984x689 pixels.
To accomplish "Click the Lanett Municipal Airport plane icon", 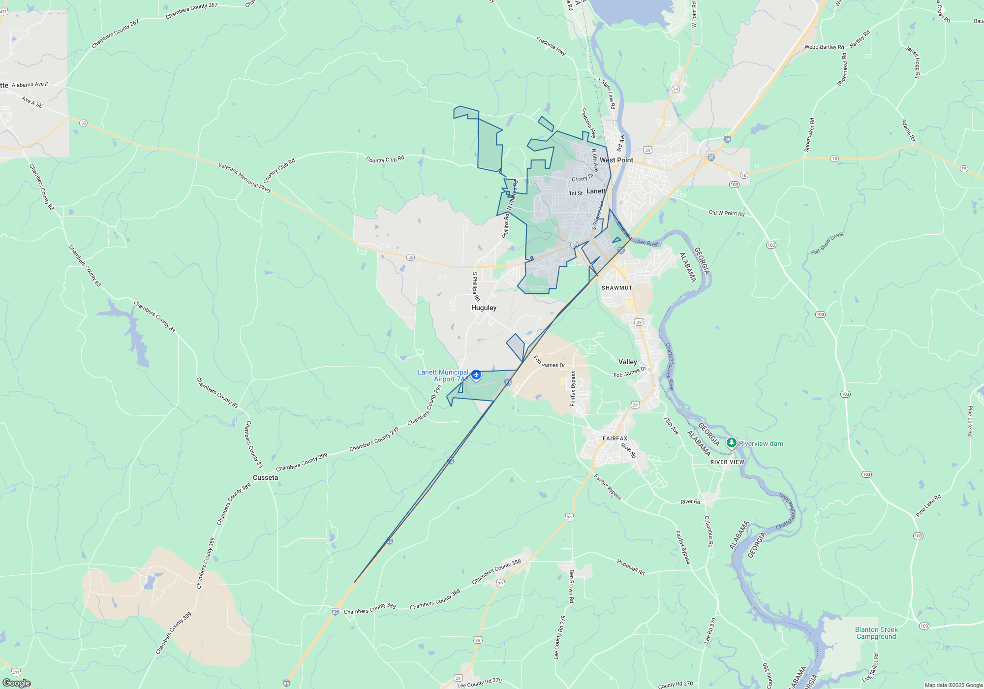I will point(476,376).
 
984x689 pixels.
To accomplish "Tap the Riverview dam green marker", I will point(732,443).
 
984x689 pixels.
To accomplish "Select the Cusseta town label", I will point(265,477).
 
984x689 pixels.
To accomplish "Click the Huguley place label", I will point(484,308).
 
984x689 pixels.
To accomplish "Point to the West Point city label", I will point(616,160).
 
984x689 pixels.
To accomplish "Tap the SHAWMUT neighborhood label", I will point(617,288).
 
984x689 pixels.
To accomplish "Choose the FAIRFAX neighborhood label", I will point(615,438).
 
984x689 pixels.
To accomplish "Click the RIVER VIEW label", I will point(727,462).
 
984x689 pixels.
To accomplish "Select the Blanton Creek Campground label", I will point(876,633).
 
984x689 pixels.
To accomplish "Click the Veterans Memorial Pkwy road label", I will point(245,178).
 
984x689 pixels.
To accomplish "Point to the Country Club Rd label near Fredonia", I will point(385,159).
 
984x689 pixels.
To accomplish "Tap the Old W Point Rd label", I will point(726,213).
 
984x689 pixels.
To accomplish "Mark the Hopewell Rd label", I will point(631,566).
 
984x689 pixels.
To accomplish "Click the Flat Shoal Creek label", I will point(827,243).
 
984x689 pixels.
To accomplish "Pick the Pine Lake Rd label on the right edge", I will point(970,421).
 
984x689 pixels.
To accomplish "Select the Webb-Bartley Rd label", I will point(824,47).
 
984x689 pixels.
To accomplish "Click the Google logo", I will point(17,683).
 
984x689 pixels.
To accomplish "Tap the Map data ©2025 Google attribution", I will point(953,685).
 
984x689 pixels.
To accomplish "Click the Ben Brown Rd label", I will point(571,586).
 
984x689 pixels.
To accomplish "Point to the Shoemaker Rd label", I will point(843,69).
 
